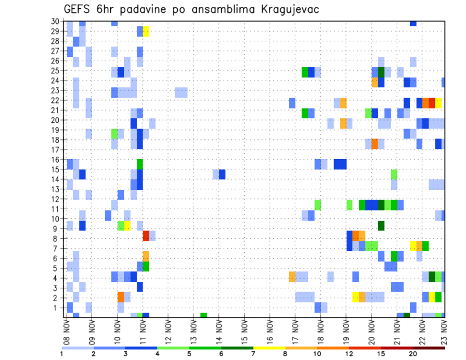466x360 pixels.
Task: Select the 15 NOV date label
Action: pyautogui.click(x=244, y=332)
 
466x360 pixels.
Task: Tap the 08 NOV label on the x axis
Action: pyautogui.click(x=67, y=332)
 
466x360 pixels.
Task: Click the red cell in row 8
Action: pyautogui.click(x=146, y=236)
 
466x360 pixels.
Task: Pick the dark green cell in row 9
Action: pyautogui.click(x=381, y=226)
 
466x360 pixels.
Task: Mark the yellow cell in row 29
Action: pyautogui.click(x=146, y=31)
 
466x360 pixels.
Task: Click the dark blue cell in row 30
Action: pyautogui.click(x=413, y=23)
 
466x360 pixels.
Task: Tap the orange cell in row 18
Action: pyautogui.click(x=375, y=144)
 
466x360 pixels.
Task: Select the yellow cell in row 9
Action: pyautogui.click(x=127, y=226)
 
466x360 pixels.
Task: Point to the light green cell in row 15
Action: pyautogui.click(x=394, y=174)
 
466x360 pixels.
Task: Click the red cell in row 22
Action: pyautogui.click(x=432, y=103)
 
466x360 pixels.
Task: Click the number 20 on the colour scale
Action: pyautogui.click(x=413, y=354)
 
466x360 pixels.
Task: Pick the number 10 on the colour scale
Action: pyautogui.click(x=317, y=354)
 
